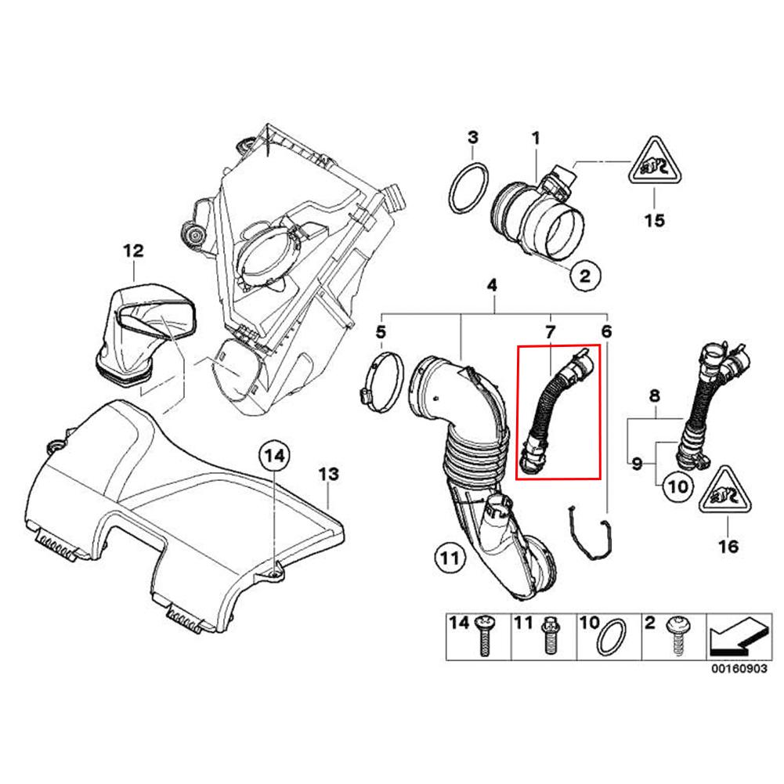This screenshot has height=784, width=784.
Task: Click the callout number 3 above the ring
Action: (473, 138)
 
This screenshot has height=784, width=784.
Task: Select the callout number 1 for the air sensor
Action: (537, 138)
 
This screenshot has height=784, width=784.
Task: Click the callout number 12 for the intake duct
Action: (133, 251)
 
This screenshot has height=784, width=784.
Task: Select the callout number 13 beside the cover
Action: (327, 474)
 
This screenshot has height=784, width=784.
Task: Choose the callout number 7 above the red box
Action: (551, 332)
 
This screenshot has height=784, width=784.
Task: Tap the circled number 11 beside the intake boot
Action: (447, 558)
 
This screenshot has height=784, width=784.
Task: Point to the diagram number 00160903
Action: (733, 670)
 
